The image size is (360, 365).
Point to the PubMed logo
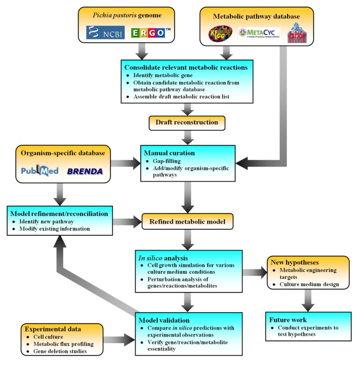(x=41, y=171)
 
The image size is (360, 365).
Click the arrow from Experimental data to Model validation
(x=120, y=340)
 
